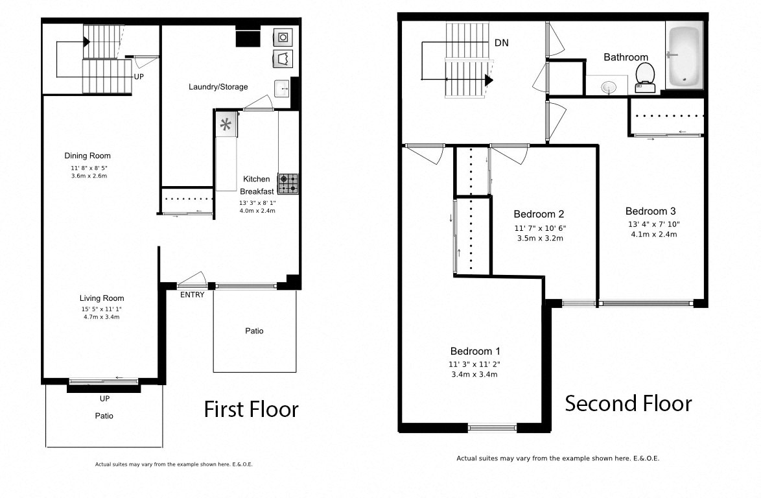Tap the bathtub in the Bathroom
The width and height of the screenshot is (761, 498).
pyautogui.click(x=684, y=54)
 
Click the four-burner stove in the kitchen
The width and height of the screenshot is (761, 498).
pyautogui.click(x=288, y=184)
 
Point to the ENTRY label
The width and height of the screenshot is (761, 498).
pyautogui.click(x=193, y=295)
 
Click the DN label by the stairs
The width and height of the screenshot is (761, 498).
pyautogui.click(x=501, y=43)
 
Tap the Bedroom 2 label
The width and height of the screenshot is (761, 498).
pyautogui.click(x=539, y=214)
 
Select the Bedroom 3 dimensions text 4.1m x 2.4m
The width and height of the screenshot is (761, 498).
pyautogui.click(x=653, y=235)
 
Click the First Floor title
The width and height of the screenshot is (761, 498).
pyautogui.click(x=251, y=409)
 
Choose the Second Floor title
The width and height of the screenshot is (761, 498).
pyautogui.click(x=628, y=403)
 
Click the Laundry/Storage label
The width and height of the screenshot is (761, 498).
pyautogui.click(x=218, y=87)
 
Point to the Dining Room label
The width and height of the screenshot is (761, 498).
pyautogui.click(x=88, y=156)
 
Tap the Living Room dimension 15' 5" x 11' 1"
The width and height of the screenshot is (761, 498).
pyautogui.click(x=102, y=309)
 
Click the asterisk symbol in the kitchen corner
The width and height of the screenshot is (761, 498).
pyautogui.click(x=226, y=124)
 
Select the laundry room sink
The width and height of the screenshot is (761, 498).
pyautogui.click(x=281, y=88)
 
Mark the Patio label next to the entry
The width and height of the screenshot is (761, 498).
pyautogui.click(x=254, y=331)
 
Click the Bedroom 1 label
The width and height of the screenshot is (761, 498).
pyautogui.click(x=475, y=351)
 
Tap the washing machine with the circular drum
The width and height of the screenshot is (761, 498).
pyautogui.click(x=283, y=37)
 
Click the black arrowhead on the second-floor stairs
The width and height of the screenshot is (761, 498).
pyautogui.click(x=489, y=80)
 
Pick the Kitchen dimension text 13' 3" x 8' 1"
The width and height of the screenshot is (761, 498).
pyautogui.click(x=258, y=202)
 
